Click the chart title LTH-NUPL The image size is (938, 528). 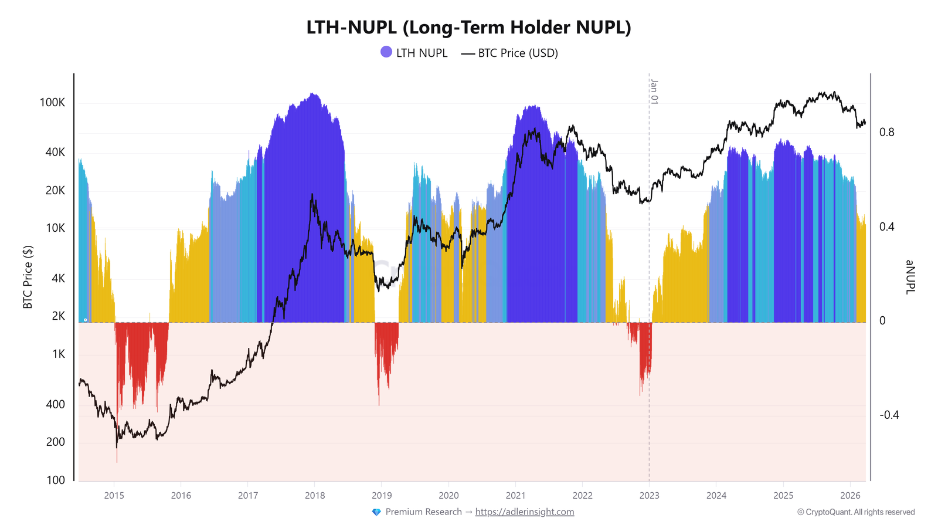468,28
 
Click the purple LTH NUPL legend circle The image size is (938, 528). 386,52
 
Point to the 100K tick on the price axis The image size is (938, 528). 52,103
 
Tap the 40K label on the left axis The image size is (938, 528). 55,153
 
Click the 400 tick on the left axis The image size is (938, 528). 56,404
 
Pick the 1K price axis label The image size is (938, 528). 59,354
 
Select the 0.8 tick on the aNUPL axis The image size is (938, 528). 887,132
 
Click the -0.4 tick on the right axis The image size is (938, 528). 889,415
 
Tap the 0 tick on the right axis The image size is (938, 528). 882,321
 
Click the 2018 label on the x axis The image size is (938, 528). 315,496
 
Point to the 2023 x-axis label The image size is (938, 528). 649,496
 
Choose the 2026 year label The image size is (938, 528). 850,496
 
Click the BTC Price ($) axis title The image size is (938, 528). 28,277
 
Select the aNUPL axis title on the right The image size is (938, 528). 910,277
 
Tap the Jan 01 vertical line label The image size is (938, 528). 654,92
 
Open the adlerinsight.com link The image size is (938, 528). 525,512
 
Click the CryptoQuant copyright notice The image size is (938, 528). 856,512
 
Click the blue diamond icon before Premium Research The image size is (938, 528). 376,512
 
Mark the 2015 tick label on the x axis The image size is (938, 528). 114,496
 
